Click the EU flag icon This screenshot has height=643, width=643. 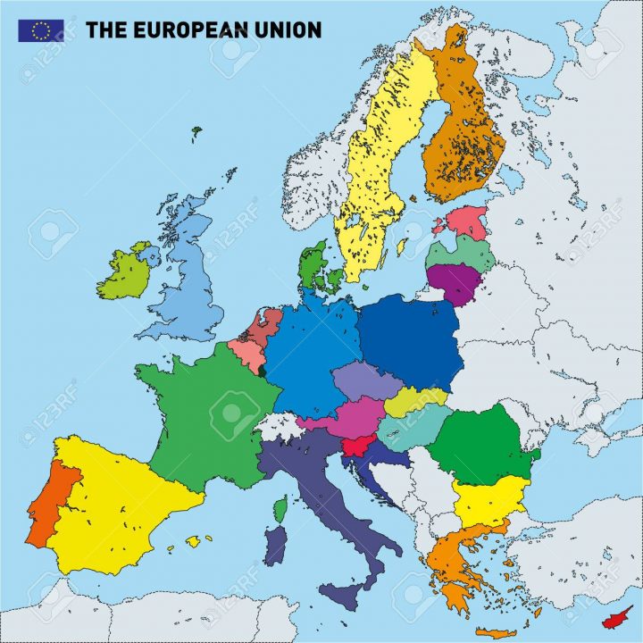click(40, 29)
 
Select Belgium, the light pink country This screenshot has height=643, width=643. click(251, 355)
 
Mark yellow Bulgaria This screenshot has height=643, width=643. click(489, 501)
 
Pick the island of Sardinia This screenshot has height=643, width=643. click(277, 544)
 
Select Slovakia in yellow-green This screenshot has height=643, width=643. click(415, 401)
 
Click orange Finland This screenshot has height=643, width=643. click(464, 134)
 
